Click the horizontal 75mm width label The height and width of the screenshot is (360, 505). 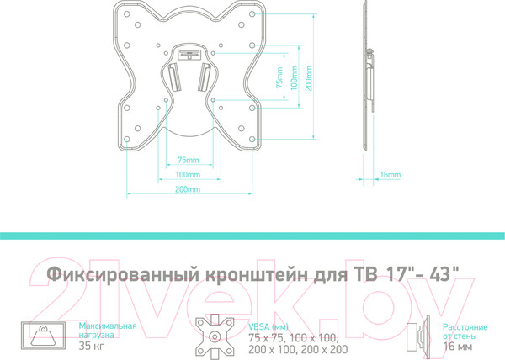pos(189,161)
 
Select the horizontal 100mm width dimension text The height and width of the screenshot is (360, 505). pos(189,175)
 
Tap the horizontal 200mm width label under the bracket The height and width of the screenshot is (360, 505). pos(189,190)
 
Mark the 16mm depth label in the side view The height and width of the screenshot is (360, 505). pos(390,175)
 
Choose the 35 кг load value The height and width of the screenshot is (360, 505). pos(90,345)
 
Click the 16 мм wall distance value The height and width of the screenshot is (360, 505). pos(457,345)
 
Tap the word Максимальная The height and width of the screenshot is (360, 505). pos(107,324)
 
